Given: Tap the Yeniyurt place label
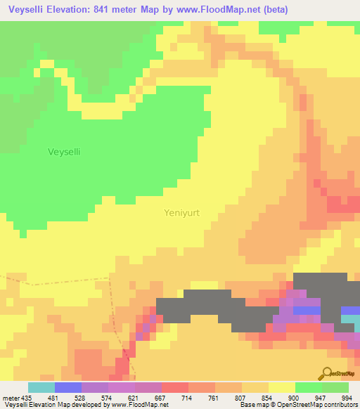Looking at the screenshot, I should (182, 212).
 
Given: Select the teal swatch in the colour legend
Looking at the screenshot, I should (41, 387).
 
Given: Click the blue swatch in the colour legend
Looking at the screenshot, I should (67, 387).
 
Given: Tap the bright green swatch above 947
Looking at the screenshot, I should (308, 387).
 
